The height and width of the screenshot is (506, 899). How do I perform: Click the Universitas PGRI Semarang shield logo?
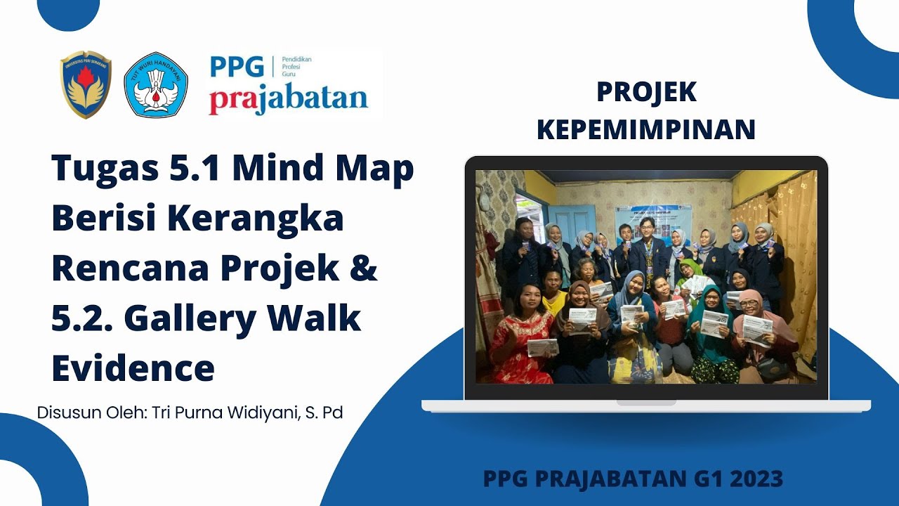click(x=86, y=84)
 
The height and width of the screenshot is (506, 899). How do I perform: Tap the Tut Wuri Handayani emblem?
click(x=155, y=84)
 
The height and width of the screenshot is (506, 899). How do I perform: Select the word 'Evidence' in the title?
click(x=133, y=368)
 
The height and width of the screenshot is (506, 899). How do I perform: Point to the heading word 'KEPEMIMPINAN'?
click(x=645, y=129)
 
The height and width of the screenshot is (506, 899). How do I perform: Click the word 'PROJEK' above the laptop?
click(x=645, y=92)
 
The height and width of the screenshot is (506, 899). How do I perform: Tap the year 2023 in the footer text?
click(x=756, y=479)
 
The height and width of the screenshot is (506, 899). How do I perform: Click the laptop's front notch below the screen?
click(x=645, y=403)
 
